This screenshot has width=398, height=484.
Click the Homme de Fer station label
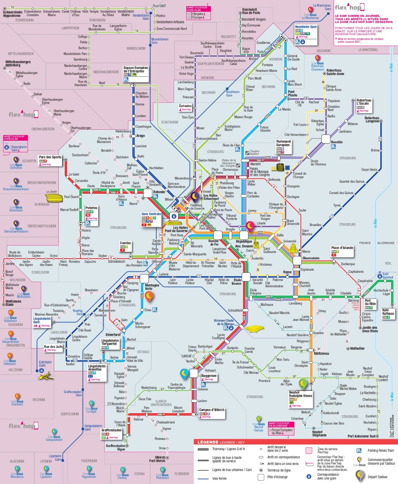[214, 242]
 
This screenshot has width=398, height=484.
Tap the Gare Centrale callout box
[151, 219]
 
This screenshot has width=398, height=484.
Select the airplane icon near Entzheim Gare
[46, 377]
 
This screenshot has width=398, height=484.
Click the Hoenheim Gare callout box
[306, 34]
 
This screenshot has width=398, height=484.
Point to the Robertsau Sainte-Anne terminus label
[335, 72]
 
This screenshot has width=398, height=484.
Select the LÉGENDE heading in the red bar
[208, 442]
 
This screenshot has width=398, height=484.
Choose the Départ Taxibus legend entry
[377, 477]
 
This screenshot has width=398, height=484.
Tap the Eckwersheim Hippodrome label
[12, 14]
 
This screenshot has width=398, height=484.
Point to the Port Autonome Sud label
[361, 436]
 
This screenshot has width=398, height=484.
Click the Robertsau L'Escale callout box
[364, 105]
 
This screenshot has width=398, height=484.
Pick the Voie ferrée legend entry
[219, 478]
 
